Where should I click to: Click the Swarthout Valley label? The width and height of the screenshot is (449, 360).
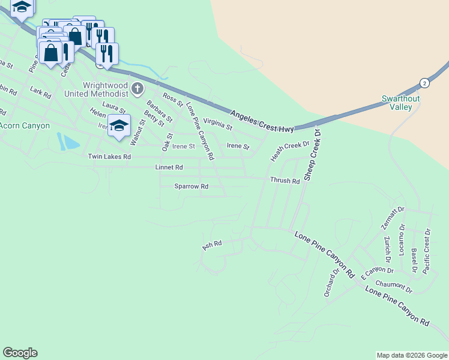click(x=397, y=103)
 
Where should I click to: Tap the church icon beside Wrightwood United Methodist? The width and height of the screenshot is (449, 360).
click(x=137, y=90)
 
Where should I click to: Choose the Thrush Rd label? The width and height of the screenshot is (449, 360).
click(x=285, y=181)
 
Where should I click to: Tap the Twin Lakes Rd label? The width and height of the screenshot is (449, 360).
click(x=109, y=157)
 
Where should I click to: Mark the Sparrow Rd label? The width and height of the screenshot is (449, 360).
click(x=191, y=187)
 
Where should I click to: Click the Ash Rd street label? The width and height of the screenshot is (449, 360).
click(x=212, y=245)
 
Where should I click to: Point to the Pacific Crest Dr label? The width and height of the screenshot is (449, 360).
click(x=427, y=251)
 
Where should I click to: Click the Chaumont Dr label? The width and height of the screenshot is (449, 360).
click(x=394, y=286)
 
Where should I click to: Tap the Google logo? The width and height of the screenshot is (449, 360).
click(x=20, y=353)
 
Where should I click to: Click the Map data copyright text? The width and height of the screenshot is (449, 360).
click(x=411, y=355)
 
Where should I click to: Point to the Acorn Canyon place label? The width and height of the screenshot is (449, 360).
click(x=25, y=125)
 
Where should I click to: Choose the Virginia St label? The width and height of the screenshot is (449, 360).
click(x=217, y=124)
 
